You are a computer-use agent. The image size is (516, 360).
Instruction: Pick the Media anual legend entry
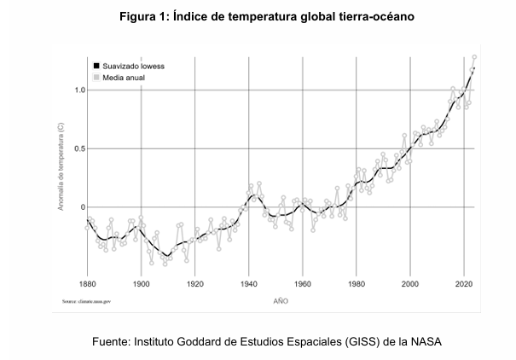point(124,77)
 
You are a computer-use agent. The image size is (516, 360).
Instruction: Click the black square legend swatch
point(97,65)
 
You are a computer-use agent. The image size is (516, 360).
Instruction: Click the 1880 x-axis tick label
point(87,283)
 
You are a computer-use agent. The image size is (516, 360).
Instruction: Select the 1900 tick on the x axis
point(142,283)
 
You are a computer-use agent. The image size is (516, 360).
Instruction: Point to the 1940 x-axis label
point(249,283)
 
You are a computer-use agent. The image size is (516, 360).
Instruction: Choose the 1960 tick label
point(303,283)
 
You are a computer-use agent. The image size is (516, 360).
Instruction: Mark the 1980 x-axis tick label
point(357,283)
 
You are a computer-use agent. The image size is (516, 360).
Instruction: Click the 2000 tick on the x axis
point(410,283)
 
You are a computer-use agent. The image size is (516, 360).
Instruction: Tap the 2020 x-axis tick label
point(464,283)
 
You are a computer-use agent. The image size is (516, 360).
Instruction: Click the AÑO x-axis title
point(281,301)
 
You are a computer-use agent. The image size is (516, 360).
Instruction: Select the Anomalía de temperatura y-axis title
point(61,167)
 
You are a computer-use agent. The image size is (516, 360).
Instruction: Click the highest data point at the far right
point(474,57)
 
